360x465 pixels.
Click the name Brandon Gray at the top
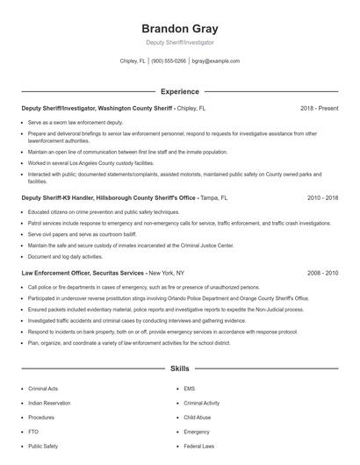(x=179, y=26)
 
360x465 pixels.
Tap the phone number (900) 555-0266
(x=169, y=61)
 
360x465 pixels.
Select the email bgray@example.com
(x=215, y=61)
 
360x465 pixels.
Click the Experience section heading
(x=179, y=91)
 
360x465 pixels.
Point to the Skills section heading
(x=179, y=369)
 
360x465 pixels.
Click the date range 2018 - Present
(x=319, y=109)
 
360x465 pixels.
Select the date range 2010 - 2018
(x=322, y=198)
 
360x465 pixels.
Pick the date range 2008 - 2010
(x=322, y=274)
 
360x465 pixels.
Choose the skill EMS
(x=190, y=389)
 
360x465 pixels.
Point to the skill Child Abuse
(x=198, y=418)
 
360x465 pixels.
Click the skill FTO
(x=33, y=432)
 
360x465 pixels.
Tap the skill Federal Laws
(x=199, y=447)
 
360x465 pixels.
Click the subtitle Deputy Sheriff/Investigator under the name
(x=179, y=42)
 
